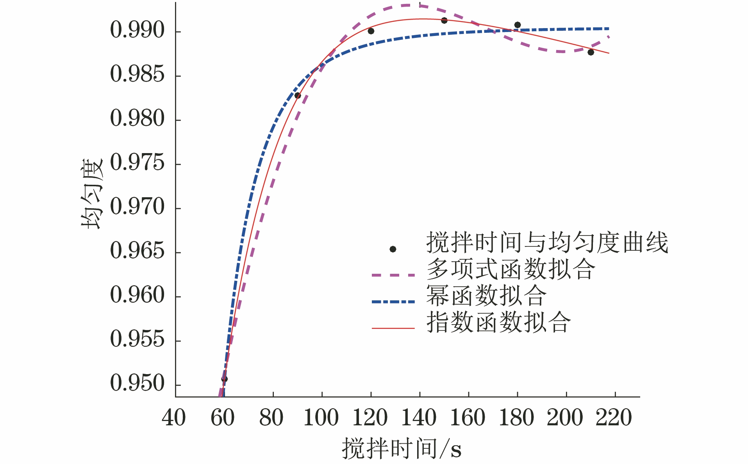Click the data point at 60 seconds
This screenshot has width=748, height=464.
pos(224,379)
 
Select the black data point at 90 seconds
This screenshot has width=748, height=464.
pos(298,96)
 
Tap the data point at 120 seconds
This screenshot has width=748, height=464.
pos(371,31)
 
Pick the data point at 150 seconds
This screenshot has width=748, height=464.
pos(444,20)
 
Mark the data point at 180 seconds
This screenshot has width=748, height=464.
pos(518,25)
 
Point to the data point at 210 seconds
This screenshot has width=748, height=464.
pos(591,52)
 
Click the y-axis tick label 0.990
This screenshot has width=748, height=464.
pos(137,30)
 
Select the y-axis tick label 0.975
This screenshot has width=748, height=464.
pos(137,162)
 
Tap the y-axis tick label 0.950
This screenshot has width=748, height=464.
pos(137,383)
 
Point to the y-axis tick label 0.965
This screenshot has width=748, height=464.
pos(137,251)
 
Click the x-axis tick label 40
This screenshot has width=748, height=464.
pos(174,418)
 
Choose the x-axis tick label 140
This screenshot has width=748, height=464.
pos(419,418)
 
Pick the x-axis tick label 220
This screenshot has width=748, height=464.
pos(614,418)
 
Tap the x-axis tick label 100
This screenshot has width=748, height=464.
pos(321,418)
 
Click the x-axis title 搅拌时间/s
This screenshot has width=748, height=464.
pos(402,449)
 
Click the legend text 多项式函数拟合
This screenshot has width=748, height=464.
pos(511,269)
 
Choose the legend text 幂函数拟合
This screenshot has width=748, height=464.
pos(486,296)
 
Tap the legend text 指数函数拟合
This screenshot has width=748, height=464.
pos(498,322)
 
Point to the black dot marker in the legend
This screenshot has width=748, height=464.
pos(393,249)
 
